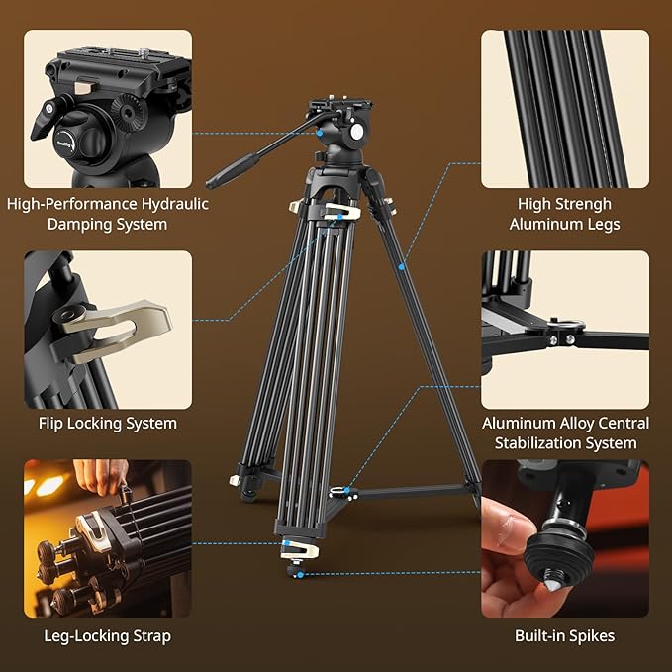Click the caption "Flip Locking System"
107,424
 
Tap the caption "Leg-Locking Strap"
107,636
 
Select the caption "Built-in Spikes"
565,636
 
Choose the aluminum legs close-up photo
565,109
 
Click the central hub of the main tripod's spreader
341,490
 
